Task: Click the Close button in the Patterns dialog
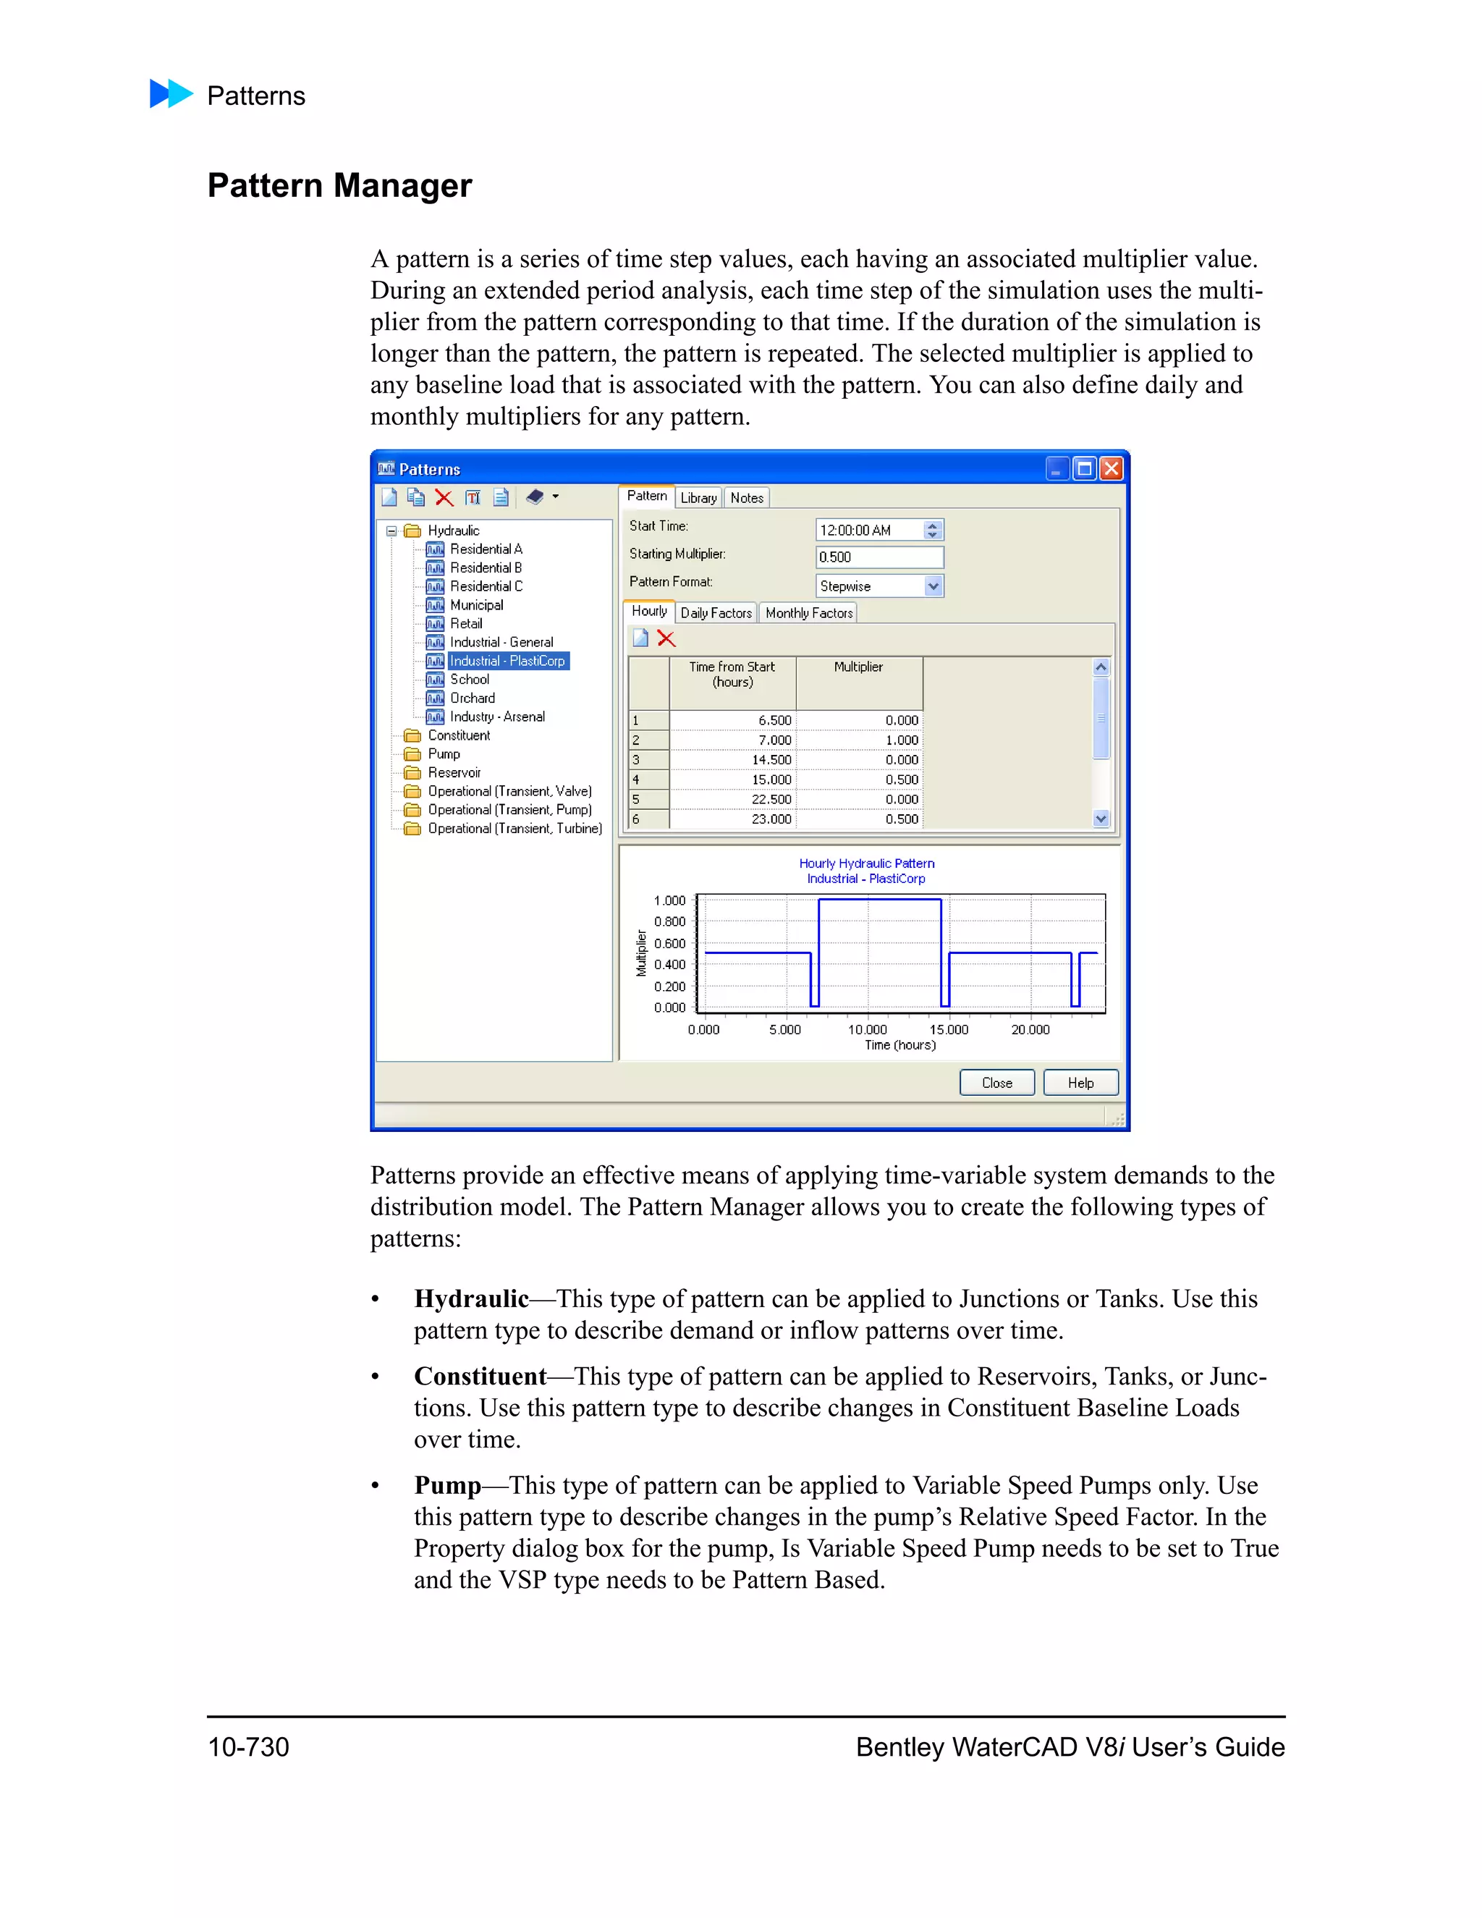click(996, 1083)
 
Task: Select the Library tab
click(698, 498)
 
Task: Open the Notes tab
click(746, 498)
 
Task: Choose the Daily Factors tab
click(716, 613)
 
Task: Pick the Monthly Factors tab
click(808, 613)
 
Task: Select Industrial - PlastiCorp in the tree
click(507, 660)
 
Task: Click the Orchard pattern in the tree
click(473, 698)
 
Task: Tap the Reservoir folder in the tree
click(454, 773)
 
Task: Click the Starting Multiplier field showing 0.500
click(878, 557)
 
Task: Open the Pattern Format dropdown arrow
click(933, 586)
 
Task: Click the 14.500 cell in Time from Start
click(771, 760)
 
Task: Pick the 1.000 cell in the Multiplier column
click(902, 740)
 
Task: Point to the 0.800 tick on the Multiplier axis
click(670, 921)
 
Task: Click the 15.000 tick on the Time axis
click(948, 1029)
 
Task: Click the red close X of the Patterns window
click(1111, 469)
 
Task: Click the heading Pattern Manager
click(340, 185)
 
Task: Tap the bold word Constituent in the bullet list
click(480, 1376)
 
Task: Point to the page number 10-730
click(248, 1746)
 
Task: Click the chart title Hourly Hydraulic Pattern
click(866, 863)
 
